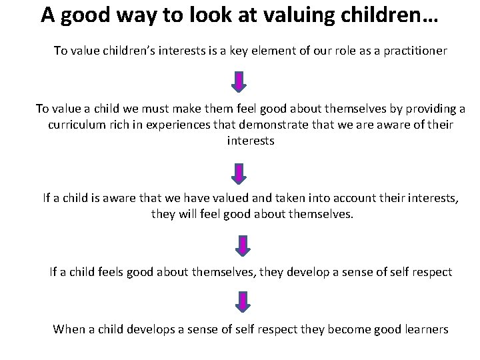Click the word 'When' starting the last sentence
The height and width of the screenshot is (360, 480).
tap(69, 329)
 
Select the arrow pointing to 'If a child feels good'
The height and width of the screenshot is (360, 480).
tap(240, 245)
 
